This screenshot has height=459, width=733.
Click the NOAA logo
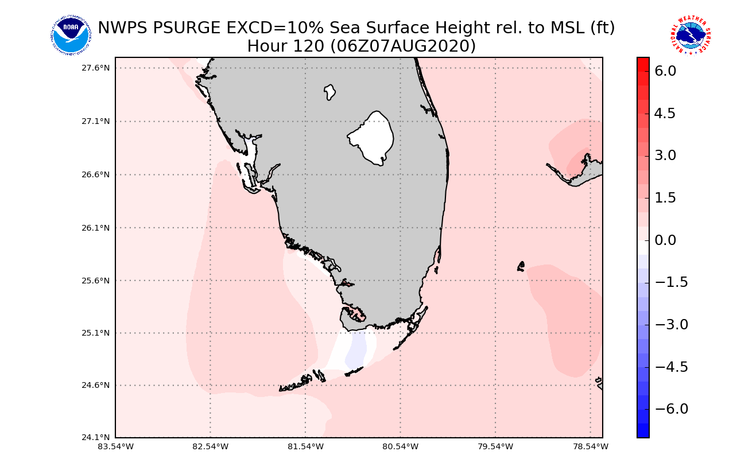[x=70, y=36]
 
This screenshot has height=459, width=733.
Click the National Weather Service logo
[x=690, y=36]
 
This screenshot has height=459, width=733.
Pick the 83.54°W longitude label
[x=115, y=446]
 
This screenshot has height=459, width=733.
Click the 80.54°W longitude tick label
[x=401, y=446]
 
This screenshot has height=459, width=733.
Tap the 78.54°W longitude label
[x=591, y=446]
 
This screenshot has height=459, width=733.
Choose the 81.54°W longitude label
[x=305, y=446]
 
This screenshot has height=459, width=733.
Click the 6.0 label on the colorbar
[x=665, y=71]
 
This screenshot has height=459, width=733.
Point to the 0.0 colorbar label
[x=665, y=240]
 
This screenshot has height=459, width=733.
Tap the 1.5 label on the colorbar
[x=665, y=198]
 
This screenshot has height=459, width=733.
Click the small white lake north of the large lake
[x=329, y=92]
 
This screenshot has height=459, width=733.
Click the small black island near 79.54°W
[x=521, y=266]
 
